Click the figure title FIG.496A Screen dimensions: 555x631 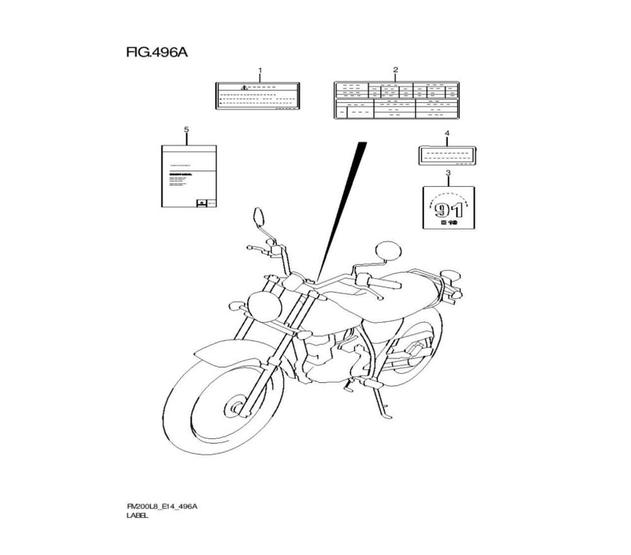pos(157,52)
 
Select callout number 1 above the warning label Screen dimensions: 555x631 pos(259,70)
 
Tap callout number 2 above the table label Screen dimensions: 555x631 pos(396,70)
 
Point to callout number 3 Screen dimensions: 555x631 pos(447,173)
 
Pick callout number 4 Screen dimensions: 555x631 pos(447,134)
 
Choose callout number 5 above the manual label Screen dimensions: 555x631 pos(186,130)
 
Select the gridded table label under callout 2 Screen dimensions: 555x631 pos(396,100)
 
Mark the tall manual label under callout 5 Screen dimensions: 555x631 pos(188,176)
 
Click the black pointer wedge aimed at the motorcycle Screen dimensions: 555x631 pos(344,208)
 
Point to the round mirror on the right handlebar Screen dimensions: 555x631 pos(387,250)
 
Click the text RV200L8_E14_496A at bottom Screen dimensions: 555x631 pos(162,506)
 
